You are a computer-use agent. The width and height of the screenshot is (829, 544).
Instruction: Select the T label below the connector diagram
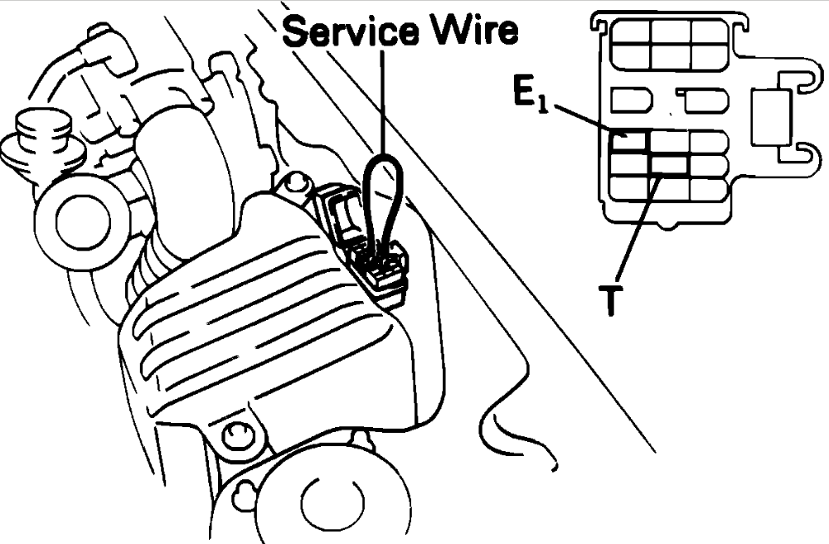click(x=610, y=300)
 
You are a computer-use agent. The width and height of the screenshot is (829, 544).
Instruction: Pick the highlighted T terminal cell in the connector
click(x=669, y=165)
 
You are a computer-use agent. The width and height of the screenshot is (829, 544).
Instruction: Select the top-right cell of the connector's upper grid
click(x=710, y=32)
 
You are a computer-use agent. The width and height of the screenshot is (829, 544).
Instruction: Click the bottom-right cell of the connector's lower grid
click(x=710, y=189)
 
